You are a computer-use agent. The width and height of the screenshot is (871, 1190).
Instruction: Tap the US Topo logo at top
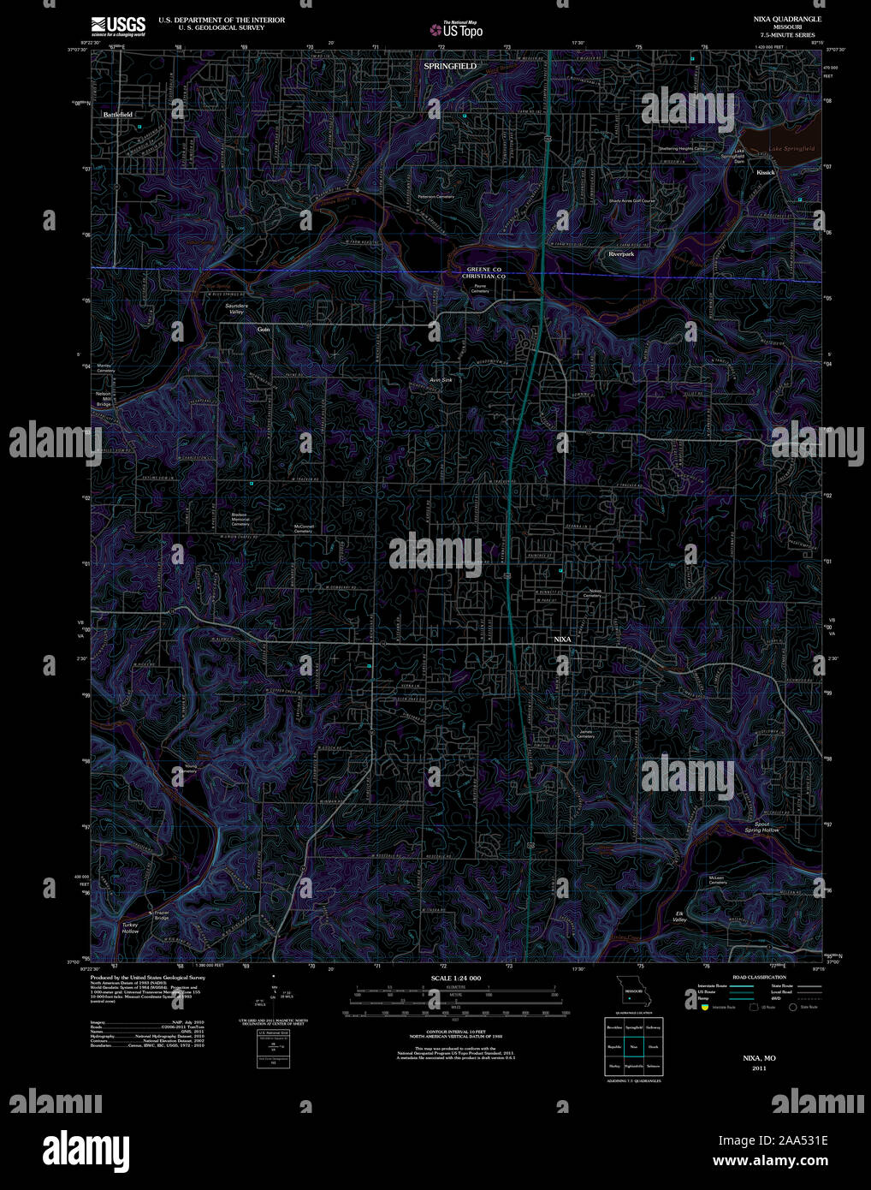[x=457, y=30]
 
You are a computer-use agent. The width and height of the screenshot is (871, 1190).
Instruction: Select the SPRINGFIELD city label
[x=450, y=66]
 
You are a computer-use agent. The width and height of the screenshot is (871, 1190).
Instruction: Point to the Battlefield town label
[x=118, y=114]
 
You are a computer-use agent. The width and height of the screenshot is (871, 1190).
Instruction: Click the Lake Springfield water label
[x=791, y=149]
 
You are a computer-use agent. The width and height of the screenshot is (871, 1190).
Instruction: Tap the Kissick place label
[x=765, y=172]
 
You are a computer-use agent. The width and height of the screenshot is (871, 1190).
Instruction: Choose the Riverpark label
[x=621, y=254]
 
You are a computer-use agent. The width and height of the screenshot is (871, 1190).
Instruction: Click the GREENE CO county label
[x=483, y=270]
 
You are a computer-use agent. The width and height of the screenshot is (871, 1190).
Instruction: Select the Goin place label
[x=263, y=329]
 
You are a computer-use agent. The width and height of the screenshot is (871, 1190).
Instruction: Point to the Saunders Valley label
[x=236, y=308]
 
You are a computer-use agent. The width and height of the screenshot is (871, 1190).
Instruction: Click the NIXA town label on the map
[x=562, y=640]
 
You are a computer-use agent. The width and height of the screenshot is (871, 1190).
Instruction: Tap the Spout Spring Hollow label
[x=761, y=827]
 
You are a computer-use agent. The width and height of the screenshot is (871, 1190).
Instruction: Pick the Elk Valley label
[x=679, y=916]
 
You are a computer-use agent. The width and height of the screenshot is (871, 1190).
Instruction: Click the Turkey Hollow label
[x=130, y=927]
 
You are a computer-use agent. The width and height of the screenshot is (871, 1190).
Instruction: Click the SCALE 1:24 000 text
[x=456, y=978]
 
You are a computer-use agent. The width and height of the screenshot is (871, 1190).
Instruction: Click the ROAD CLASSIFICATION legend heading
[x=759, y=977]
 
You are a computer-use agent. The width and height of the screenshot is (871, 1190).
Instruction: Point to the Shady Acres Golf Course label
[x=631, y=201]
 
